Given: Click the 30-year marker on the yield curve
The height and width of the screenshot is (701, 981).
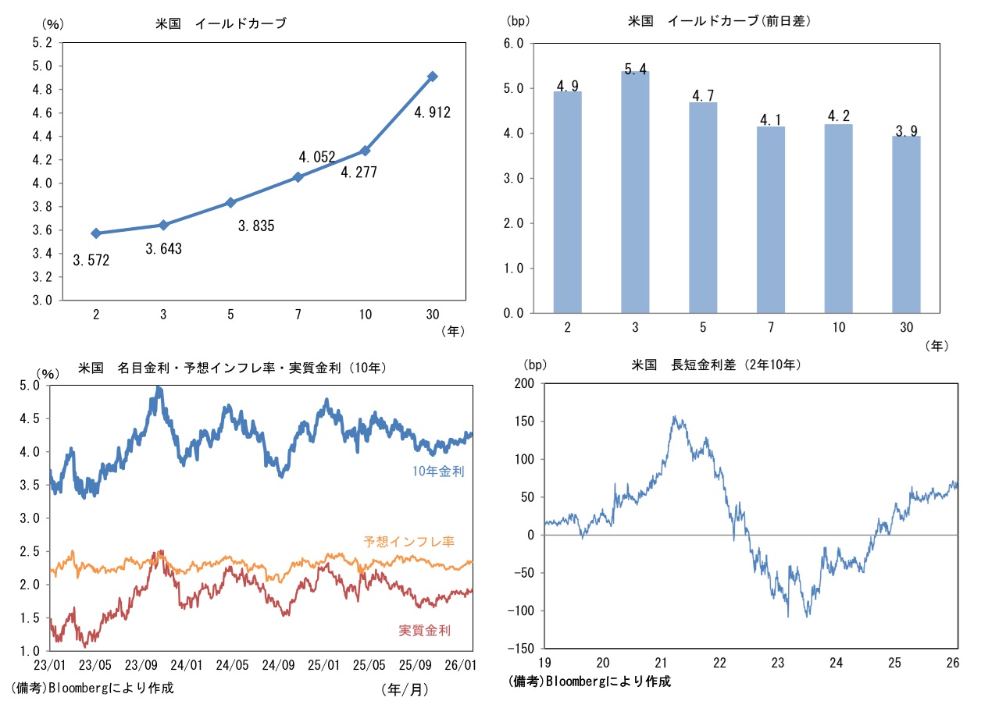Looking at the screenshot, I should click(432, 77).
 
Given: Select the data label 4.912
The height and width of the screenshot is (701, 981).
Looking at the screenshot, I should click(432, 112).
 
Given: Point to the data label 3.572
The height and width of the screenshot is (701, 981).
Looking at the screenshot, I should click(91, 261).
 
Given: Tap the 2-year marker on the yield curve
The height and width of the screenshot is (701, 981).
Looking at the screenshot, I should click(96, 233).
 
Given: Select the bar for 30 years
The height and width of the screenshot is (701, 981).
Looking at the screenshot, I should click(906, 224).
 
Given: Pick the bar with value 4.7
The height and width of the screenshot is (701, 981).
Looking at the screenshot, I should click(703, 207).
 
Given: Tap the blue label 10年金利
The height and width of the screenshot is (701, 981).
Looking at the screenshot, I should click(439, 471).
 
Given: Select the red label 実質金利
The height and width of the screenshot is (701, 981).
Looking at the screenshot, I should click(424, 630).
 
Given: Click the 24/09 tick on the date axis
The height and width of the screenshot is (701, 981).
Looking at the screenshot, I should click(278, 665).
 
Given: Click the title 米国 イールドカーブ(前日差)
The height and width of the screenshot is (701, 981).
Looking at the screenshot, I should click(719, 22).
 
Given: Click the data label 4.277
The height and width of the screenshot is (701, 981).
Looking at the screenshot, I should click(359, 172).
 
